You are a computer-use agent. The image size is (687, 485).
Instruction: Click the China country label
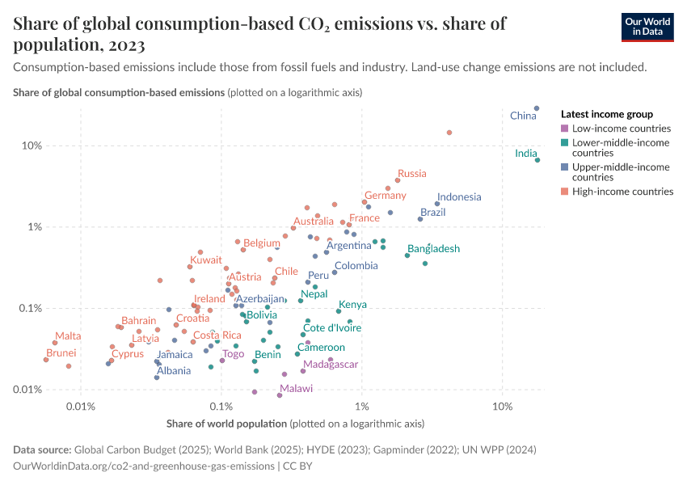(x=523, y=116)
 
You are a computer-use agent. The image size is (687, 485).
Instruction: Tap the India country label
(x=525, y=154)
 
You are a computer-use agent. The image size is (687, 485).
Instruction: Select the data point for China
(x=537, y=108)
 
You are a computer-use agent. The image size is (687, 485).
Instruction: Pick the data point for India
(x=537, y=160)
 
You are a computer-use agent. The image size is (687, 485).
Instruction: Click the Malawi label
(x=295, y=389)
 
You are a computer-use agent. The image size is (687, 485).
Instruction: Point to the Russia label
(x=411, y=174)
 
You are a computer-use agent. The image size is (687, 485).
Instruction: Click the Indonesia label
(x=458, y=197)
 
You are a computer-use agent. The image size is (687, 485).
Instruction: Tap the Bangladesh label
(x=433, y=249)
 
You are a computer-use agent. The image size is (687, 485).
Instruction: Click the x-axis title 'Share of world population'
(x=226, y=424)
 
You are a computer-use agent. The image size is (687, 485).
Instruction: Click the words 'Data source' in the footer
(x=42, y=449)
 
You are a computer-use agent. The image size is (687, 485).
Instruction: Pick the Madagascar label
(x=331, y=365)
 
